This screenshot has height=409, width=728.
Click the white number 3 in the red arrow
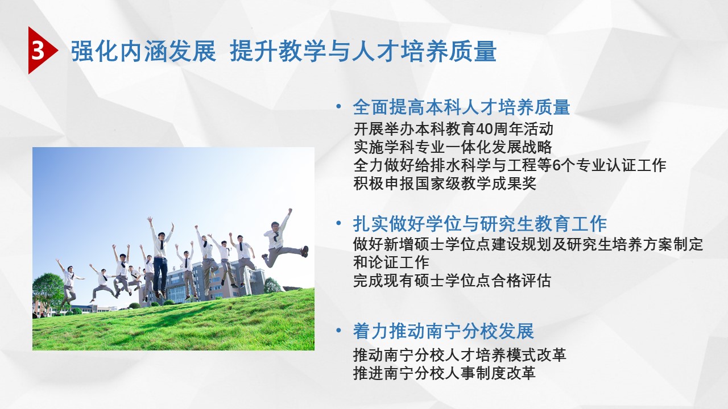(x=38, y=51)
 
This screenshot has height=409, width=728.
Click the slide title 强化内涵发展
(x=143, y=51)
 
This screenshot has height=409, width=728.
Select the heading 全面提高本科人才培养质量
(x=461, y=107)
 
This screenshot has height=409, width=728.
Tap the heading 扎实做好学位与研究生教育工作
(x=480, y=224)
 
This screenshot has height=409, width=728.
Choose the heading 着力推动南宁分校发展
(x=444, y=331)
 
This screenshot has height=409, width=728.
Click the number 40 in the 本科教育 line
(x=484, y=129)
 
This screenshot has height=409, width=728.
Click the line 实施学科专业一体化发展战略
(x=453, y=147)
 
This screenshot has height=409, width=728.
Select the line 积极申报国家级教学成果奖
(x=445, y=183)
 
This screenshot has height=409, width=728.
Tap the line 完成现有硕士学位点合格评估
(x=452, y=281)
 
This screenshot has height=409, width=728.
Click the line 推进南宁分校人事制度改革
(x=444, y=373)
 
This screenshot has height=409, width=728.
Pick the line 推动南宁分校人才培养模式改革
(x=460, y=355)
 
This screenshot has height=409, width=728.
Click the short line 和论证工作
(x=391, y=262)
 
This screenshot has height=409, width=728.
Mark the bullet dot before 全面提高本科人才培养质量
(x=339, y=106)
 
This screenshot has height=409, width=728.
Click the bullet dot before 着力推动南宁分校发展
(x=339, y=331)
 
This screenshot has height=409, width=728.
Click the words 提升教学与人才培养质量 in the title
(x=363, y=51)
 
